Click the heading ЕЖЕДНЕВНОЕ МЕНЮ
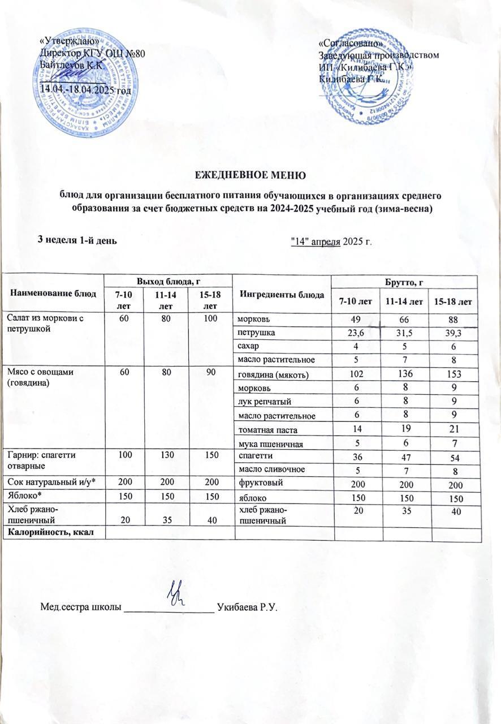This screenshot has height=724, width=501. coord(250,174)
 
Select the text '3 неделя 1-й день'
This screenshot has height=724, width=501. coord(77,239)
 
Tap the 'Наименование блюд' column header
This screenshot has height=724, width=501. coord(53,293)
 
